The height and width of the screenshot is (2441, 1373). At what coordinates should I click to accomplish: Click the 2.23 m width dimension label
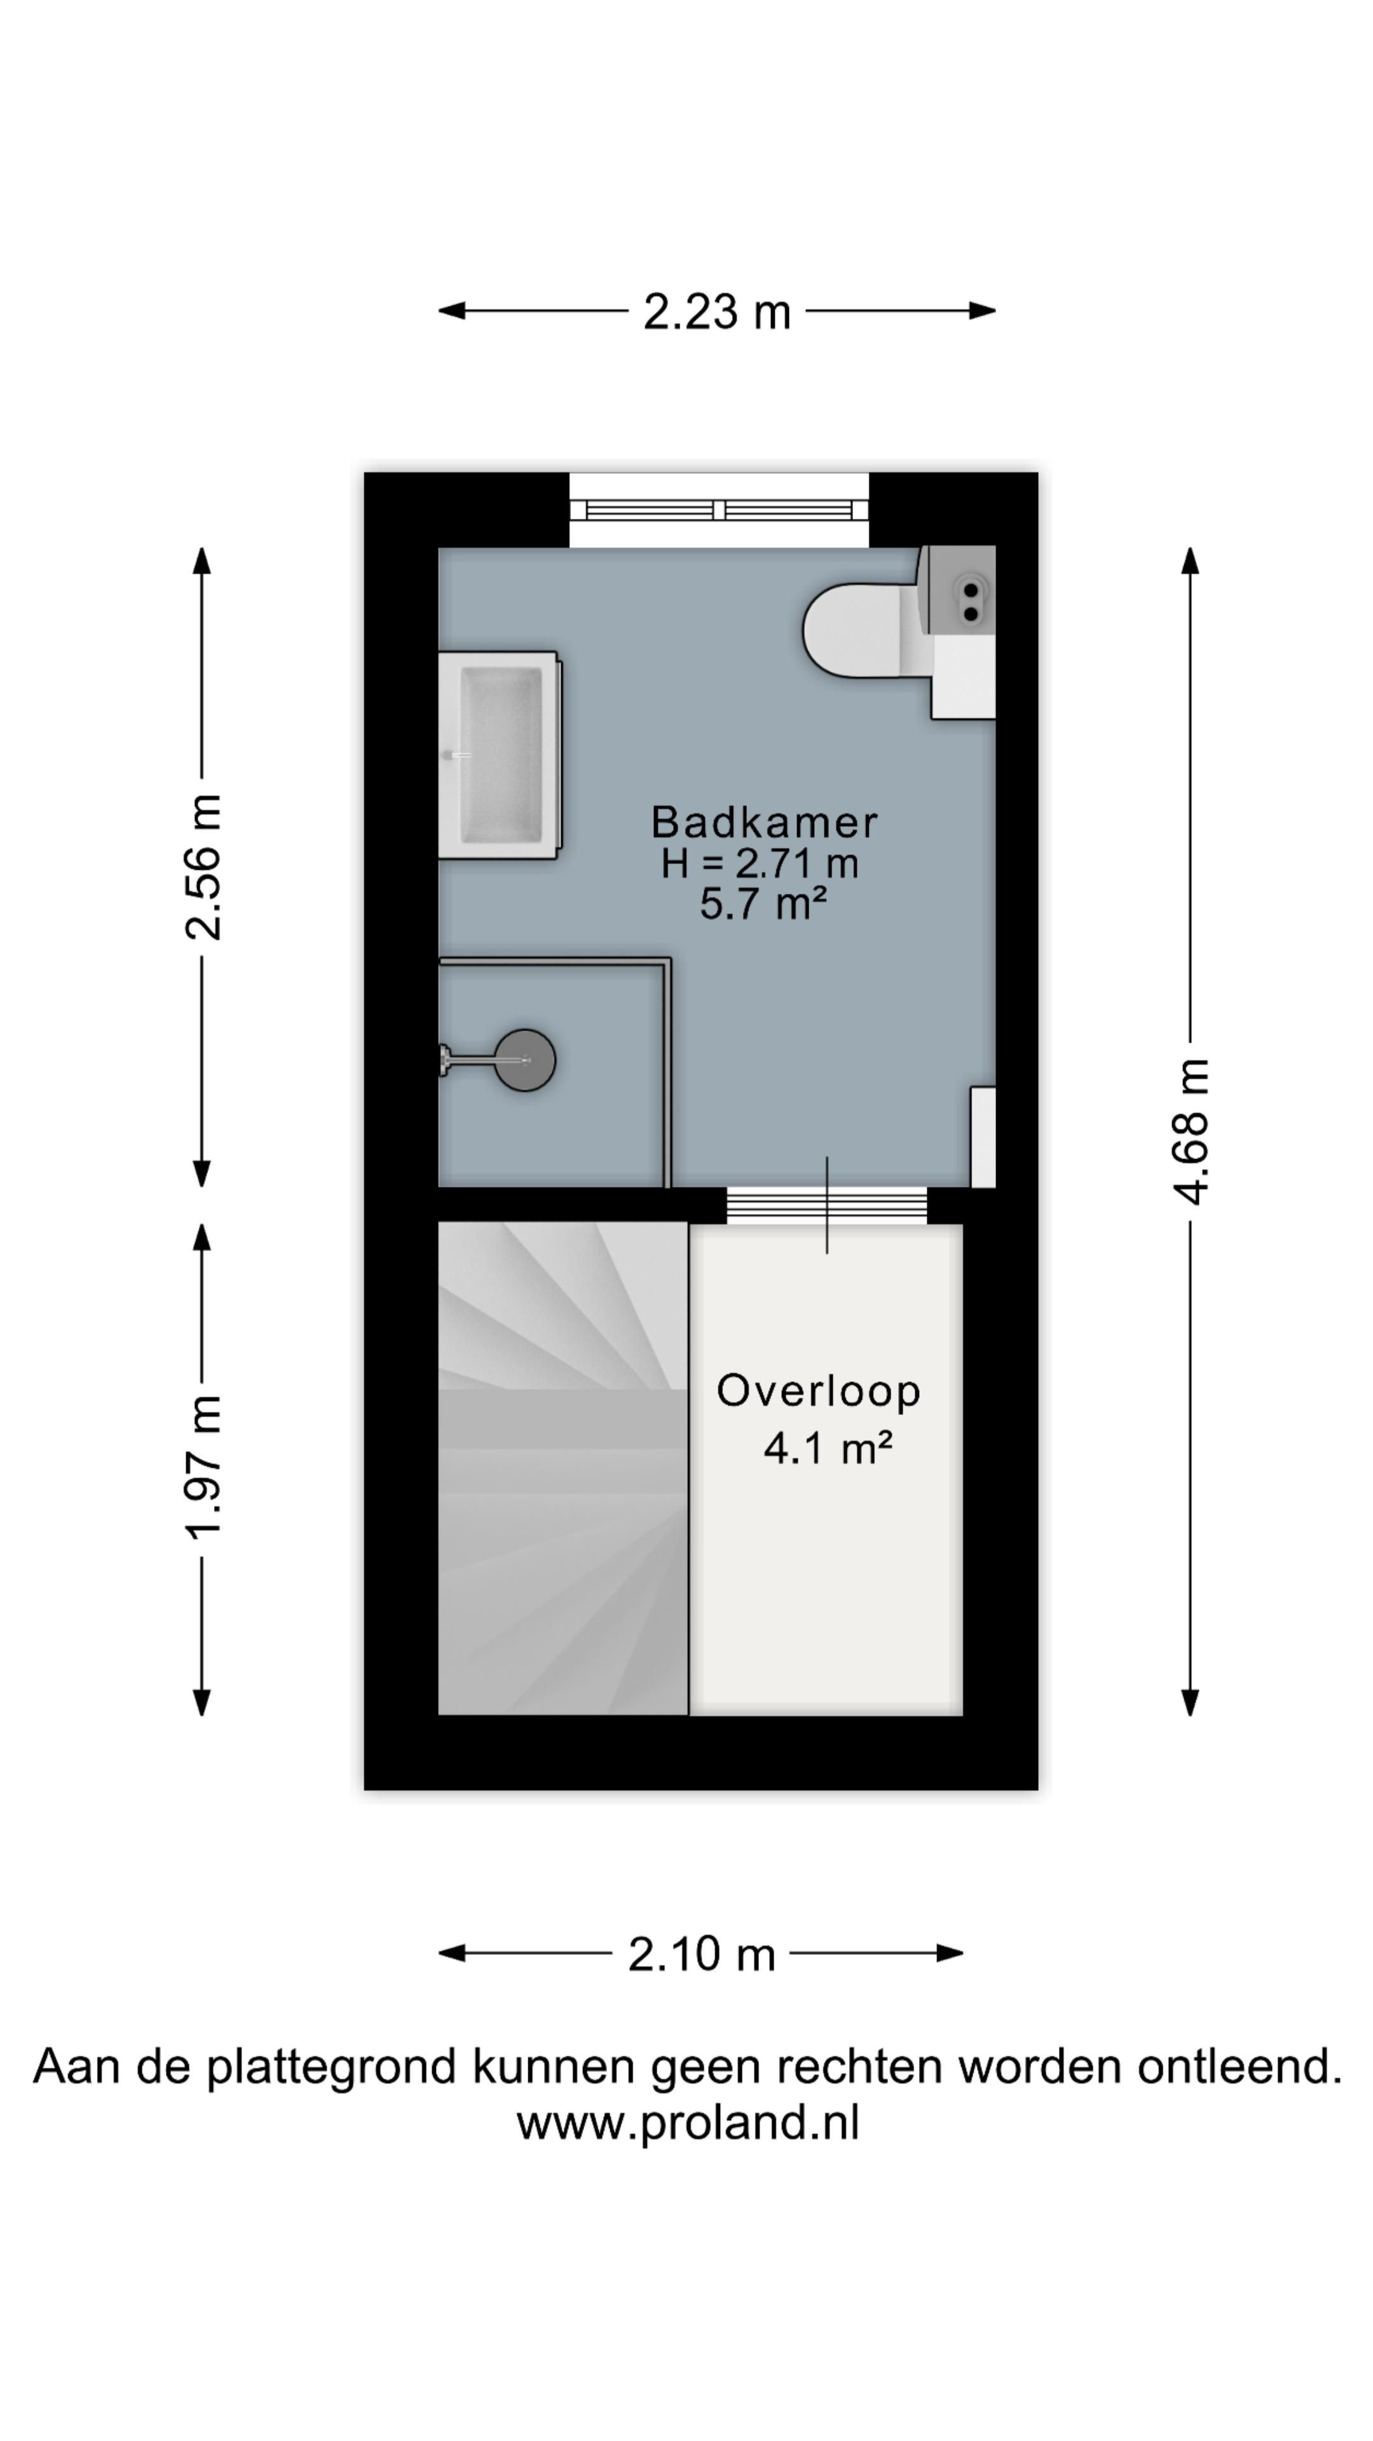coord(716,311)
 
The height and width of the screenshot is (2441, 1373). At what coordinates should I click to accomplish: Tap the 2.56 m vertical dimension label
coord(203,867)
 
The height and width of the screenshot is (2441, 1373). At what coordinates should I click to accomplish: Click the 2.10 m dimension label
coord(701,1954)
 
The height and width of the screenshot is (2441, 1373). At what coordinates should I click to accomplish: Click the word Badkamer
coord(763,821)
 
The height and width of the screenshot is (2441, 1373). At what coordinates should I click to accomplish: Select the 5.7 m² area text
coord(763,903)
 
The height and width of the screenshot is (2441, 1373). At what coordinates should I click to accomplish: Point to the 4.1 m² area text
coord(827,1448)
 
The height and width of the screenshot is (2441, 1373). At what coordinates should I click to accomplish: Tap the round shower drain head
coord(525,1060)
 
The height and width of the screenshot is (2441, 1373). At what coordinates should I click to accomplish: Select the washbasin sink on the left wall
coord(500,755)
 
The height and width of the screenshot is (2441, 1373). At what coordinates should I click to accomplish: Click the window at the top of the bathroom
coord(718,510)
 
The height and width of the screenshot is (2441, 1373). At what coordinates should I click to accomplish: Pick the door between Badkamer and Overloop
coord(826,1205)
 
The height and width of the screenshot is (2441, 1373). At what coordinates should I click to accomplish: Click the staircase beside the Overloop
coord(563,1468)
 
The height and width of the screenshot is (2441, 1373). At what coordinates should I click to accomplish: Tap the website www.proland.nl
coord(688,2123)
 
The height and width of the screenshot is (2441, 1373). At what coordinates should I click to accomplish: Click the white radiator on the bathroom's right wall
coord(983,1137)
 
